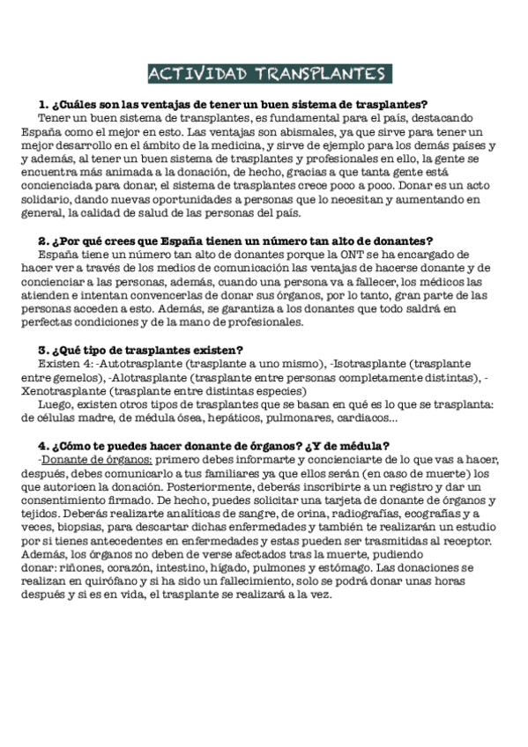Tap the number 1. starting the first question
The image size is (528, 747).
click(44, 103)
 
